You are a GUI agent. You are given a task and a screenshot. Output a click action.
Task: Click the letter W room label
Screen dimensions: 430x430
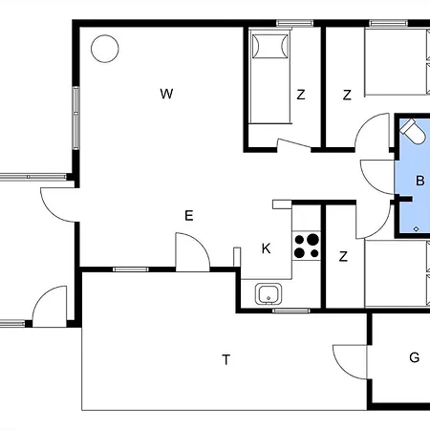coord(166,94)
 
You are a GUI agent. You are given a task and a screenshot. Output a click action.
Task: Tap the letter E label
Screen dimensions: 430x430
coord(189,216)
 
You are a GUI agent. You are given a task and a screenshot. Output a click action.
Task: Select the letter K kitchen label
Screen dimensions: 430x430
coord(266,248)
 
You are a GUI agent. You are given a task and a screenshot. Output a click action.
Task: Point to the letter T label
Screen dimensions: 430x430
coord(226,359)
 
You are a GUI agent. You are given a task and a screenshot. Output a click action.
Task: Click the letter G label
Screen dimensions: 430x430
coord(414,357)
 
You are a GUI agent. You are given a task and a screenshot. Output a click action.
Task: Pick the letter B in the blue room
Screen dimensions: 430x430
coord(420,181)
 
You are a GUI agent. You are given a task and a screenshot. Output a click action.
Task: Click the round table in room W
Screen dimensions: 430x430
coord(105,49)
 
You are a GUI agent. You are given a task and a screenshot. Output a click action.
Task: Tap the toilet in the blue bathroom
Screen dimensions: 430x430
coord(413,131)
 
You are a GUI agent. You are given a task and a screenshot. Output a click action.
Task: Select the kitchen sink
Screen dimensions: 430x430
coord(269,293)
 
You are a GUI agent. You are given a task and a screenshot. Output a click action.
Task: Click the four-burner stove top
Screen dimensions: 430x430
coord(307,246)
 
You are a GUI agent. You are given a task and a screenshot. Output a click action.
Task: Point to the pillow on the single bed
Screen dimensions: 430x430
coord(270,47)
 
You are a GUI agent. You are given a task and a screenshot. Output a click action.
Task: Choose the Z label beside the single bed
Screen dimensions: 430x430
coord(301,95)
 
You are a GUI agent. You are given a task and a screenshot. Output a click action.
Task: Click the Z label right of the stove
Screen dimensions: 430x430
coord(343,256)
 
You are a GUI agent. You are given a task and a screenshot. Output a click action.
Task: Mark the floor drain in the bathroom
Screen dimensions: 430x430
coord(416,228)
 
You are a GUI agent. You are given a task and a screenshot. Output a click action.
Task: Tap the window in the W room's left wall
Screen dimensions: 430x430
coord(75,118)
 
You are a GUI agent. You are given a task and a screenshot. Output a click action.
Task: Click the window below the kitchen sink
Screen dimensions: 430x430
coord(291,311)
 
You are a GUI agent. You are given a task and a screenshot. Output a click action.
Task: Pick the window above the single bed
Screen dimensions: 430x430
coord(294,23)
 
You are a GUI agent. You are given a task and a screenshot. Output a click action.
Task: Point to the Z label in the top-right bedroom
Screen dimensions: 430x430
coord(347,95)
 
